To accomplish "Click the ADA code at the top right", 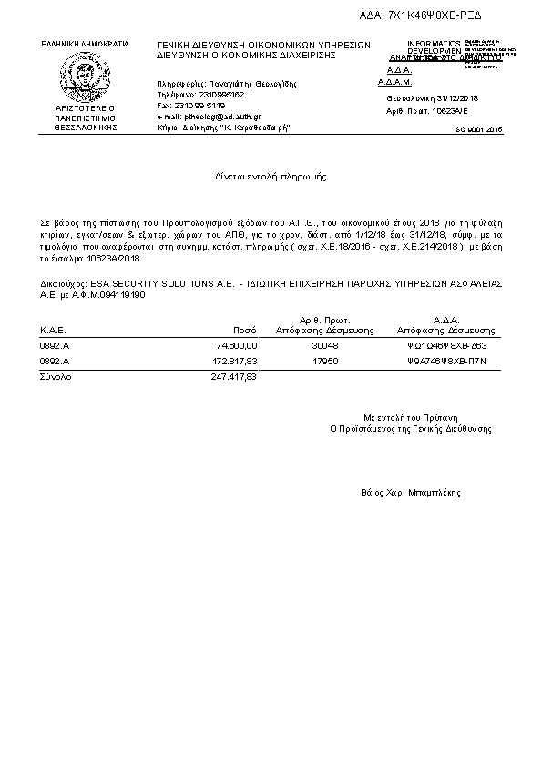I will (435, 15).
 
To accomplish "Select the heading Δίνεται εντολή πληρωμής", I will (271, 174).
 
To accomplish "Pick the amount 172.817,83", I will (235, 361).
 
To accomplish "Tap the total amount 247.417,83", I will (235, 375).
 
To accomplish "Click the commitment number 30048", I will (324, 346).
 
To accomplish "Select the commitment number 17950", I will (324, 361).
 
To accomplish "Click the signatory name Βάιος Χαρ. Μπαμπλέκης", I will (411, 492).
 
